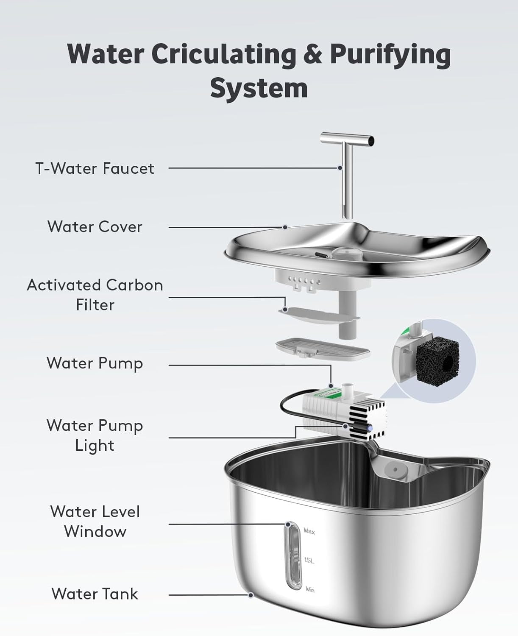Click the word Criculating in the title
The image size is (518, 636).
point(224,54)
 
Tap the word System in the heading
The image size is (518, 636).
point(259,88)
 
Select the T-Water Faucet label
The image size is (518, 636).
point(95,168)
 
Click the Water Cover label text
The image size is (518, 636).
point(95,227)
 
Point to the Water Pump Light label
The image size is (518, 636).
point(95,435)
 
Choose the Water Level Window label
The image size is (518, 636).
point(95,522)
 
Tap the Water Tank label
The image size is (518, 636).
point(95,594)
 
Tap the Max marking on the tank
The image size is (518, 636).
point(309,531)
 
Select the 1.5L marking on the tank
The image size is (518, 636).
point(309,561)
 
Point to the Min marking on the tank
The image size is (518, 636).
point(309,589)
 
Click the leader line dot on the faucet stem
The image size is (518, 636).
point(340,168)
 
